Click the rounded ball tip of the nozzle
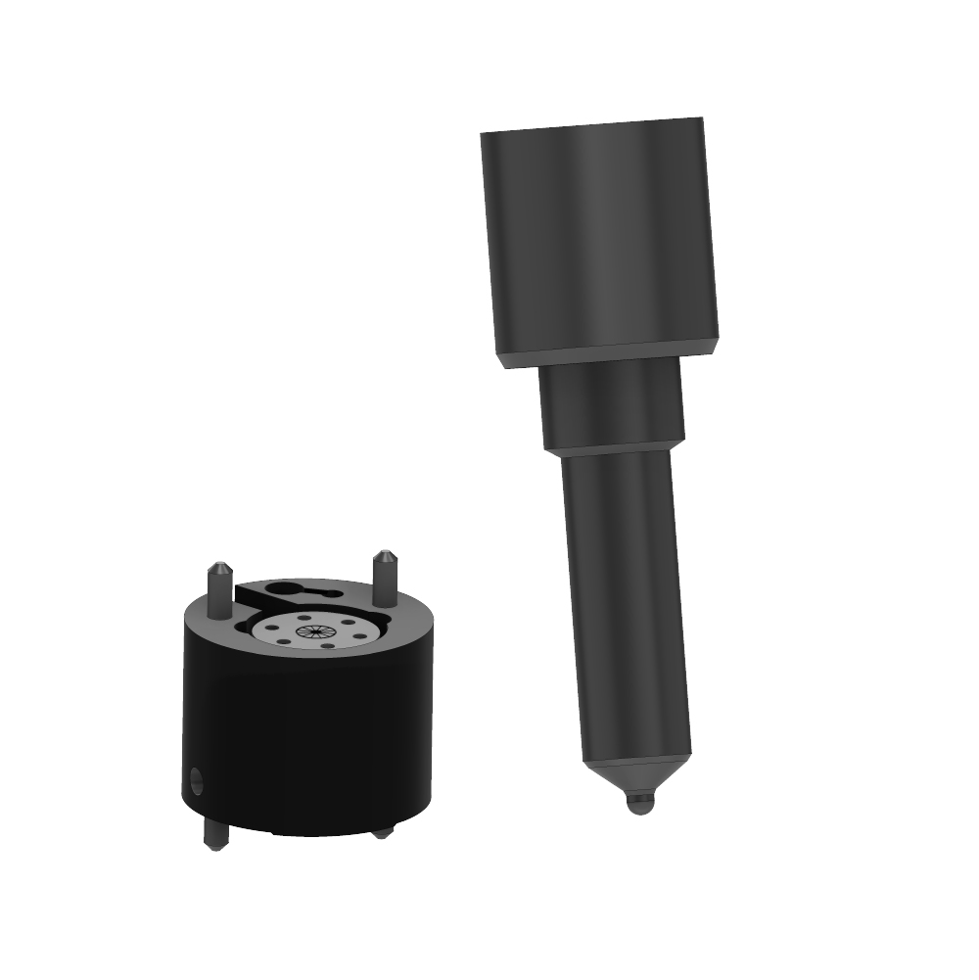click(x=638, y=804)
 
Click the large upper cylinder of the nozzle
click(x=599, y=235)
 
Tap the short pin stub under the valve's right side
click(x=383, y=832)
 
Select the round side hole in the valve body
click(x=196, y=782)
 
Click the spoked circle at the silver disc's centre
click(x=315, y=631)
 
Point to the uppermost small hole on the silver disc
click(x=305, y=617)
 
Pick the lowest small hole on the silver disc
click(x=327, y=646)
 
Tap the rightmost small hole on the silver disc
click(x=361, y=636)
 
